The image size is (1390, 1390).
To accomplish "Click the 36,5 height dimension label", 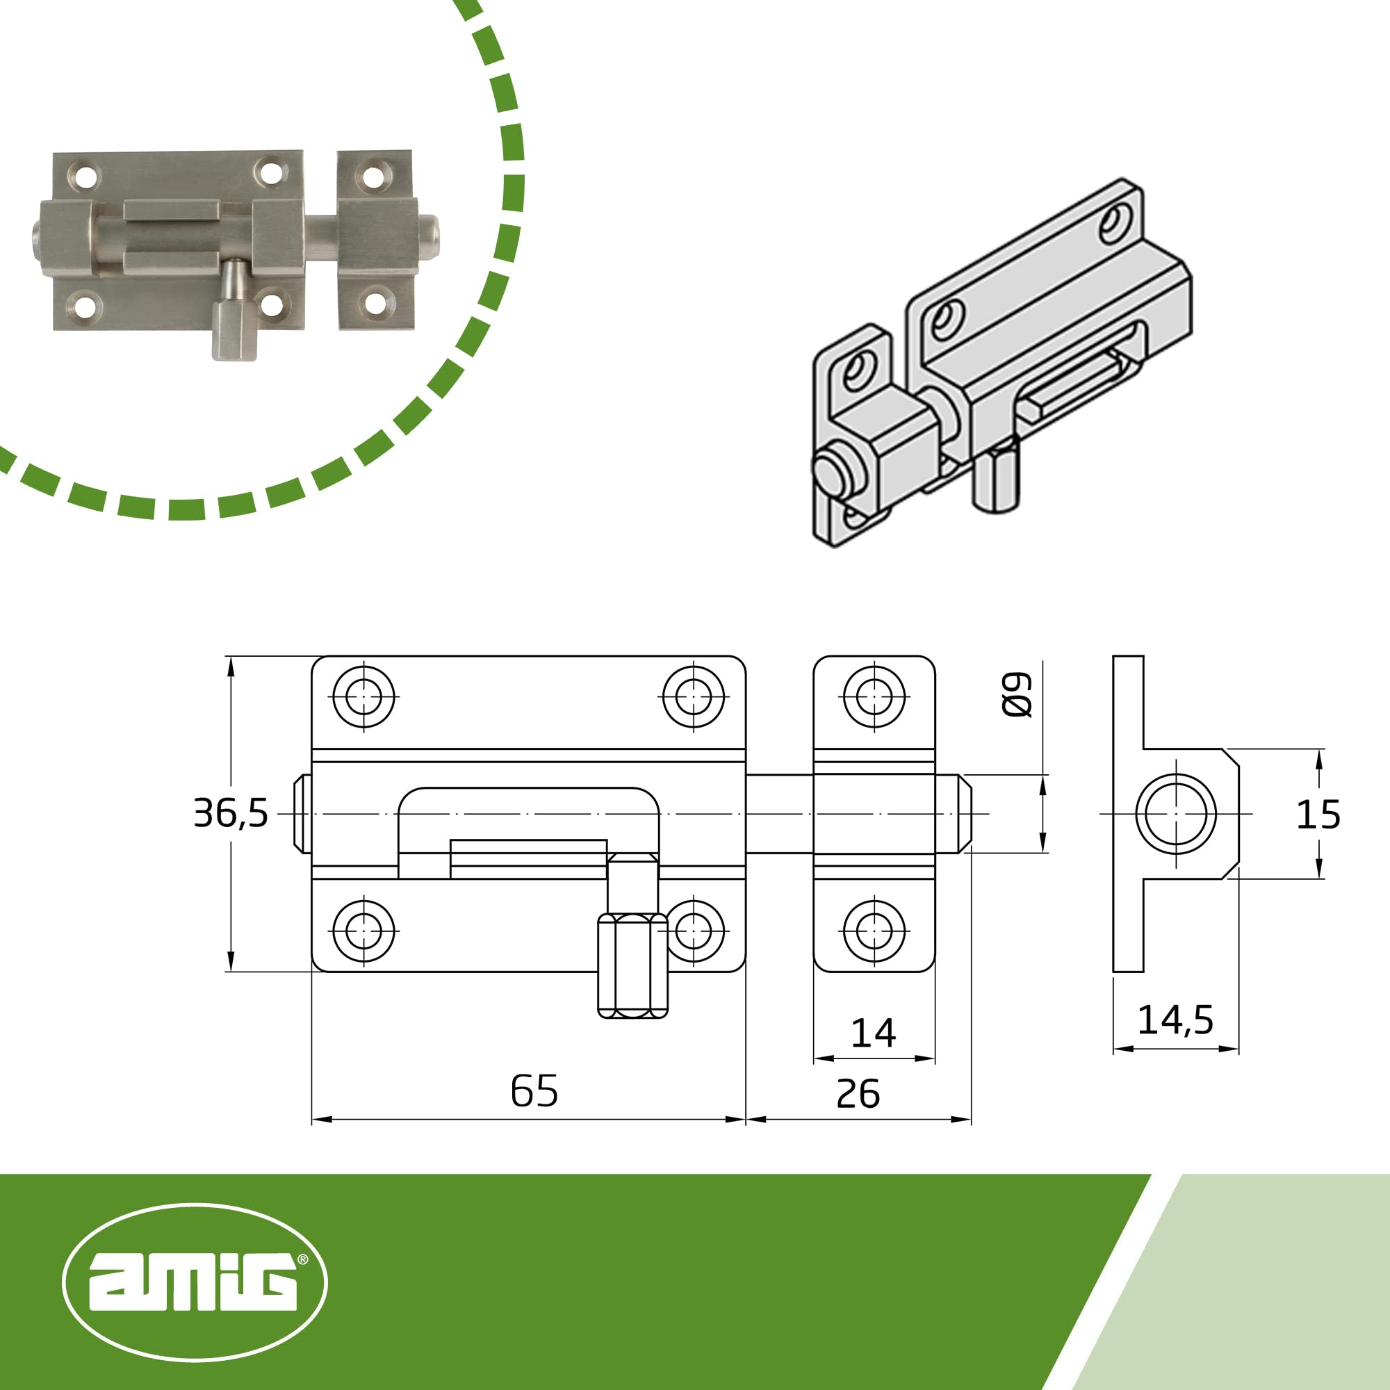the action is pyautogui.click(x=230, y=814).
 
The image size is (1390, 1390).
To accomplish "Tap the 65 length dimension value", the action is pyautogui.click(x=534, y=1090).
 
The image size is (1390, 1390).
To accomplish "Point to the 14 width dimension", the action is pyautogui.click(x=873, y=1033).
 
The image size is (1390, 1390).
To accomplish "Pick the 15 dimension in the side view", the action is pyautogui.click(x=1318, y=815).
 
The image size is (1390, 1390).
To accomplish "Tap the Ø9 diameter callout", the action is pyautogui.click(x=1017, y=695).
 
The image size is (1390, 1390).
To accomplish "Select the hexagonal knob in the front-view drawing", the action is pyautogui.click(x=633, y=965).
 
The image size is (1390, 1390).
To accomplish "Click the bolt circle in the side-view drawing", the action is pyautogui.click(x=1176, y=814).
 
